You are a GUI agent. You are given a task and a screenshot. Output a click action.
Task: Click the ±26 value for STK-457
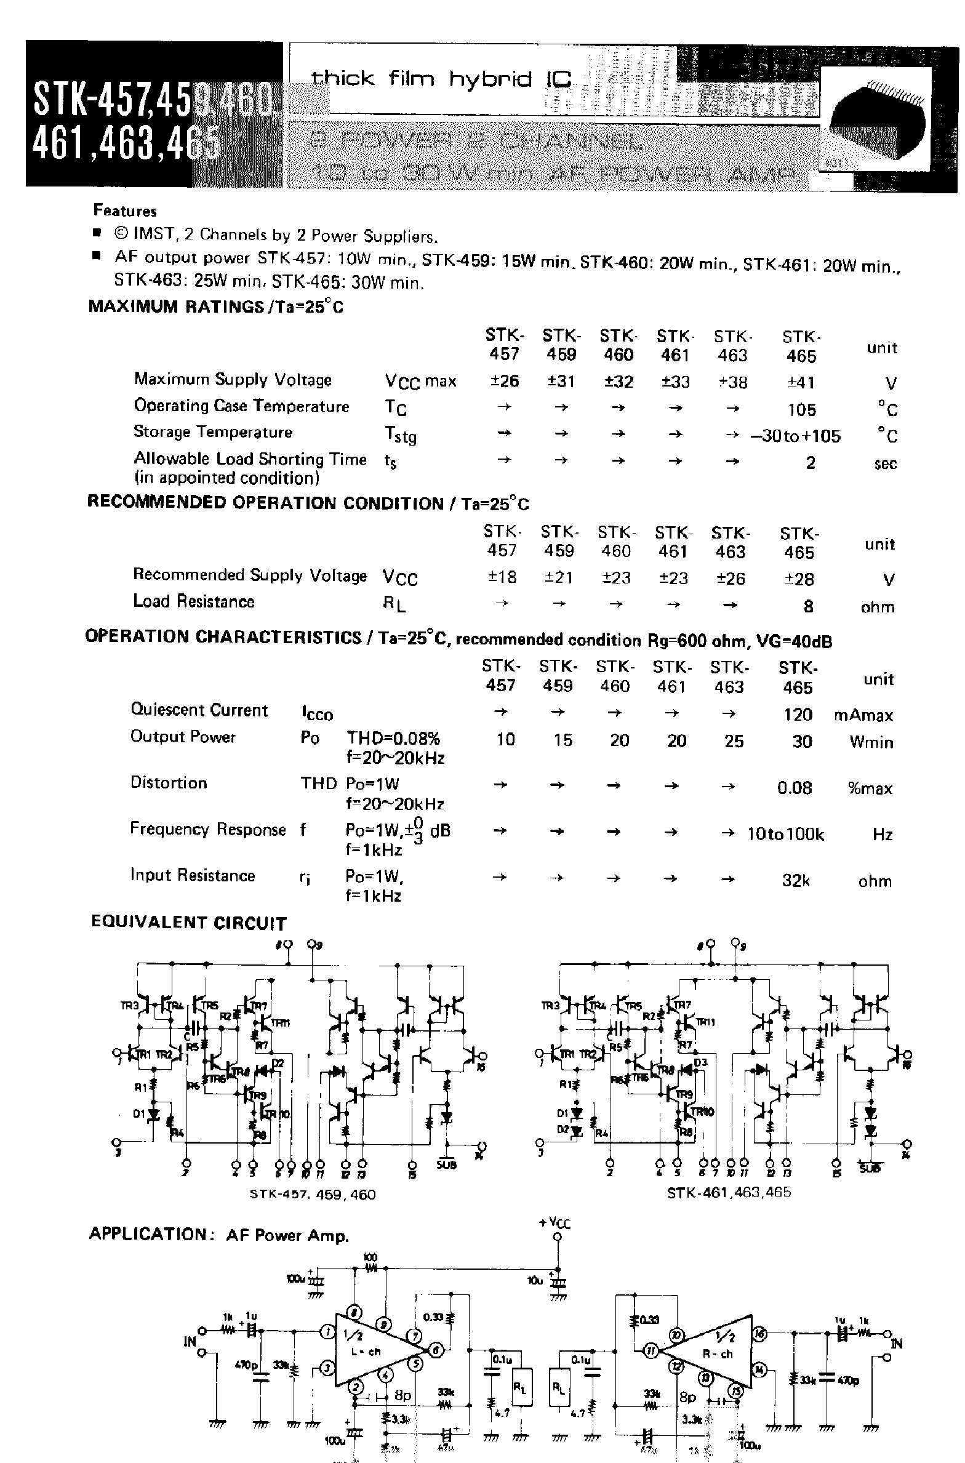(x=504, y=382)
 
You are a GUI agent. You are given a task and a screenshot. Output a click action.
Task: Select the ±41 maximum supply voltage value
(x=801, y=383)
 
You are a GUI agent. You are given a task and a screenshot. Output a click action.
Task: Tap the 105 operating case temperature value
(x=801, y=410)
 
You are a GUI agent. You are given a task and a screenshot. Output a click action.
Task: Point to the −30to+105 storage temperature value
(x=795, y=436)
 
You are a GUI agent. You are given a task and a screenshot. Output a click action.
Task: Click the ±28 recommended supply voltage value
(x=799, y=579)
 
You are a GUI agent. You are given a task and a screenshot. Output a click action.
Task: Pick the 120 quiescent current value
(x=798, y=715)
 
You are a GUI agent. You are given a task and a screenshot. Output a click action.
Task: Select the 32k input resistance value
(x=795, y=881)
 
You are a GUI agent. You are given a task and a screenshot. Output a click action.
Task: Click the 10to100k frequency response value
(x=785, y=834)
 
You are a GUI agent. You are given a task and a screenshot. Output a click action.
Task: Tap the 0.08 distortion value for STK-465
(x=795, y=788)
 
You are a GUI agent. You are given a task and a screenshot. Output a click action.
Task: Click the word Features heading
(x=125, y=211)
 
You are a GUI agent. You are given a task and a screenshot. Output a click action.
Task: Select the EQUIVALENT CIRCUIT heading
(x=189, y=923)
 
